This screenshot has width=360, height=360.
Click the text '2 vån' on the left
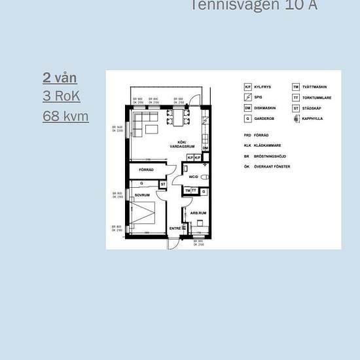(x=60, y=78)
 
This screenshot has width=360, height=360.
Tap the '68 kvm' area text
(x=65, y=116)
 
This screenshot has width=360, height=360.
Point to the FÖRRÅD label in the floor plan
(x=146, y=170)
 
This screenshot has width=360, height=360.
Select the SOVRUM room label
(x=142, y=195)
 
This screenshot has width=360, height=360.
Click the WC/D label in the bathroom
(x=193, y=177)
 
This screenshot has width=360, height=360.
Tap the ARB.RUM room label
(x=198, y=213)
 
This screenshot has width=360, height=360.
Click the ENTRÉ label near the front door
(x=175, y=228)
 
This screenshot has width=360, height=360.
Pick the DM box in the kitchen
(x=205, y=149)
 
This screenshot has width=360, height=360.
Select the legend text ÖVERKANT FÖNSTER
(x=272, y=166)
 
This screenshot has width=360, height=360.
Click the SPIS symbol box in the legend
(x=248, y=98)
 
